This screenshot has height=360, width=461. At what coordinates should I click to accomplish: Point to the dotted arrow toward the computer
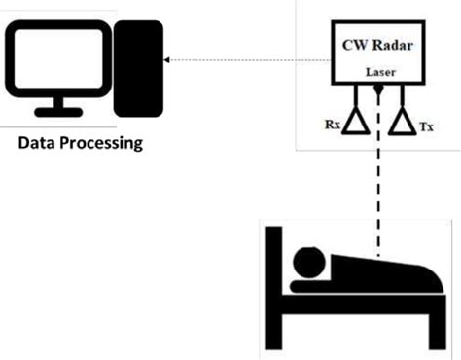(243, 60)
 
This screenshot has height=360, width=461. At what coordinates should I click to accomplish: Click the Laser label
(378, 73)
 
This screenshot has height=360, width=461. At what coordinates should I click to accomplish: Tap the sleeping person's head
(310, 262)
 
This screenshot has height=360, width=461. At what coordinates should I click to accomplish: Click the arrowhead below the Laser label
(377, 91)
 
